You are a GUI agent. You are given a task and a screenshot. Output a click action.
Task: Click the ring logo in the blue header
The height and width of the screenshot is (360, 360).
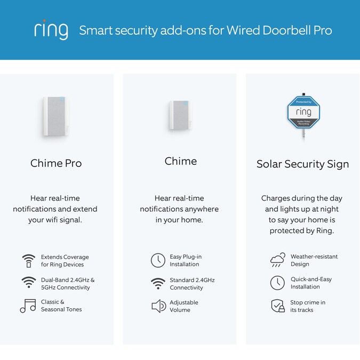tap(51, 30)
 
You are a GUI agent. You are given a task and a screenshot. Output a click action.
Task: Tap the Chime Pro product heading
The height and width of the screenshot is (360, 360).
tap(56, 163)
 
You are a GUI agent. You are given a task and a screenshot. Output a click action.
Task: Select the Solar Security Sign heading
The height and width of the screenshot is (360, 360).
tap(302, 164)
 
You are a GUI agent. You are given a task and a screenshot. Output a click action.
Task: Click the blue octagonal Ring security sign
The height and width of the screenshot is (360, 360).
tap(303, 112)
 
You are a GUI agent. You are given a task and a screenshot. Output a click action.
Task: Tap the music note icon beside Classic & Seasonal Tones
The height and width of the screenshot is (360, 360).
tap(28, 306)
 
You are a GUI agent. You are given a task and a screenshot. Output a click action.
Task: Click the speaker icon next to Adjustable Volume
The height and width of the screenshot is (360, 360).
tap(158, 306)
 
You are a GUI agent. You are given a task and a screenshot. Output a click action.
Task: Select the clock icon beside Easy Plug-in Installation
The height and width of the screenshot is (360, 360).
tap(158, 260)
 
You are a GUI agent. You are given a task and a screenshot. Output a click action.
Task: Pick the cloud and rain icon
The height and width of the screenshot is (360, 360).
tap(278, 260)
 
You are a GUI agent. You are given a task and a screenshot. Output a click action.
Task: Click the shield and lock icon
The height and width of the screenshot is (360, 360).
tap(278, 306)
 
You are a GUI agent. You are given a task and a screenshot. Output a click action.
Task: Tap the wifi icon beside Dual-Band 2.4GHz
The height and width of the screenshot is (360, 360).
tap(28, 283)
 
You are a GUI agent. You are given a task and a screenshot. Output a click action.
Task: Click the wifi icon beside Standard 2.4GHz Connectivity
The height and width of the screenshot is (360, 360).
tap(158, 283)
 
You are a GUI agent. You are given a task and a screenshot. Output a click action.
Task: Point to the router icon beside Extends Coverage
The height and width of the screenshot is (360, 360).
tap(28, 260)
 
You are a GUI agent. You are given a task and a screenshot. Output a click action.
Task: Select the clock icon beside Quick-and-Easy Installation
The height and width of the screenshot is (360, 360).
tap(277, 283)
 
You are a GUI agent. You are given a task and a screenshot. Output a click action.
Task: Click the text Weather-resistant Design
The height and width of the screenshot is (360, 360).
tap(314, 260)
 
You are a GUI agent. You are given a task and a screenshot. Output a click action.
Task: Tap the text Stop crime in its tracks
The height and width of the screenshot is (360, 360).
tap(308, 306)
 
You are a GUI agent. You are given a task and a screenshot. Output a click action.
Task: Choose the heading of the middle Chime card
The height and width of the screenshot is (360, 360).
tap(180, 161)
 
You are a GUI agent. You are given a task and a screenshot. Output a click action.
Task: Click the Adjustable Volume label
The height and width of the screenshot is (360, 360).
tap(183, 306)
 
